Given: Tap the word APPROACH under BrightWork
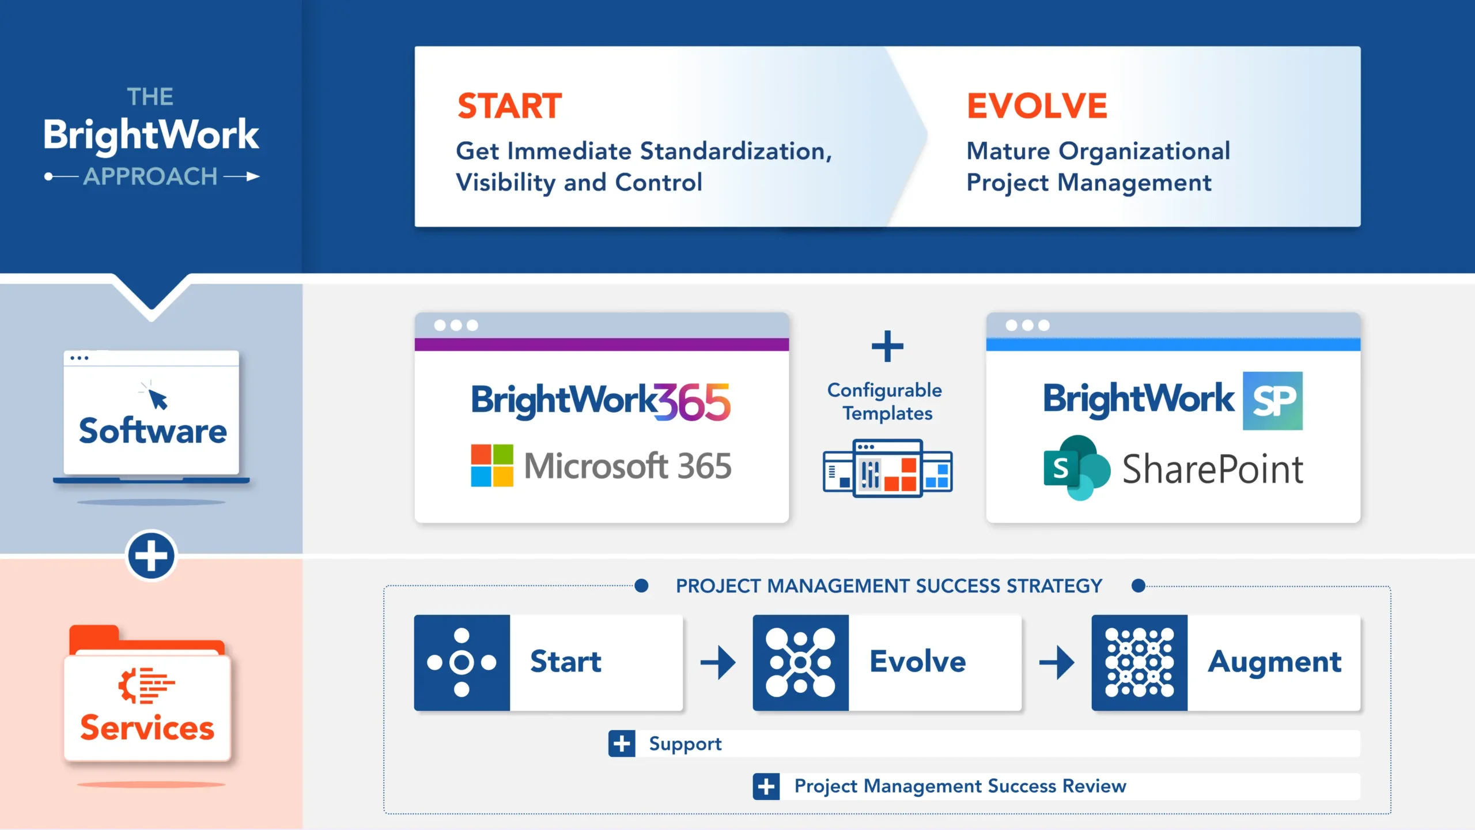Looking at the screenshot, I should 150,176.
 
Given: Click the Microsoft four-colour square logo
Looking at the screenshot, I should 491,465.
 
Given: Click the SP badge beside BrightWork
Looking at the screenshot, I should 1272,401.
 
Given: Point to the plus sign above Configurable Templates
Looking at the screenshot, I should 887,346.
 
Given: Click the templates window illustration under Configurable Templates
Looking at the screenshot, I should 887,469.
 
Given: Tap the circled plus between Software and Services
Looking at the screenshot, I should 151,556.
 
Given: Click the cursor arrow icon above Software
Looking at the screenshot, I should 157,398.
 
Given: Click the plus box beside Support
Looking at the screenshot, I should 622,744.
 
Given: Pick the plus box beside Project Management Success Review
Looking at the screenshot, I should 766,786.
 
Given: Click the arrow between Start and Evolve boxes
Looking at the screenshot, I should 718,662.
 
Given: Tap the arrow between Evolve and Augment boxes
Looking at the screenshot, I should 1057,662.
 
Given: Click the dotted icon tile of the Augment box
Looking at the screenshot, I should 1139,662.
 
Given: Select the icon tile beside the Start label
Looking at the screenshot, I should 462,662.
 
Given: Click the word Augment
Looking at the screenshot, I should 1274,662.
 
